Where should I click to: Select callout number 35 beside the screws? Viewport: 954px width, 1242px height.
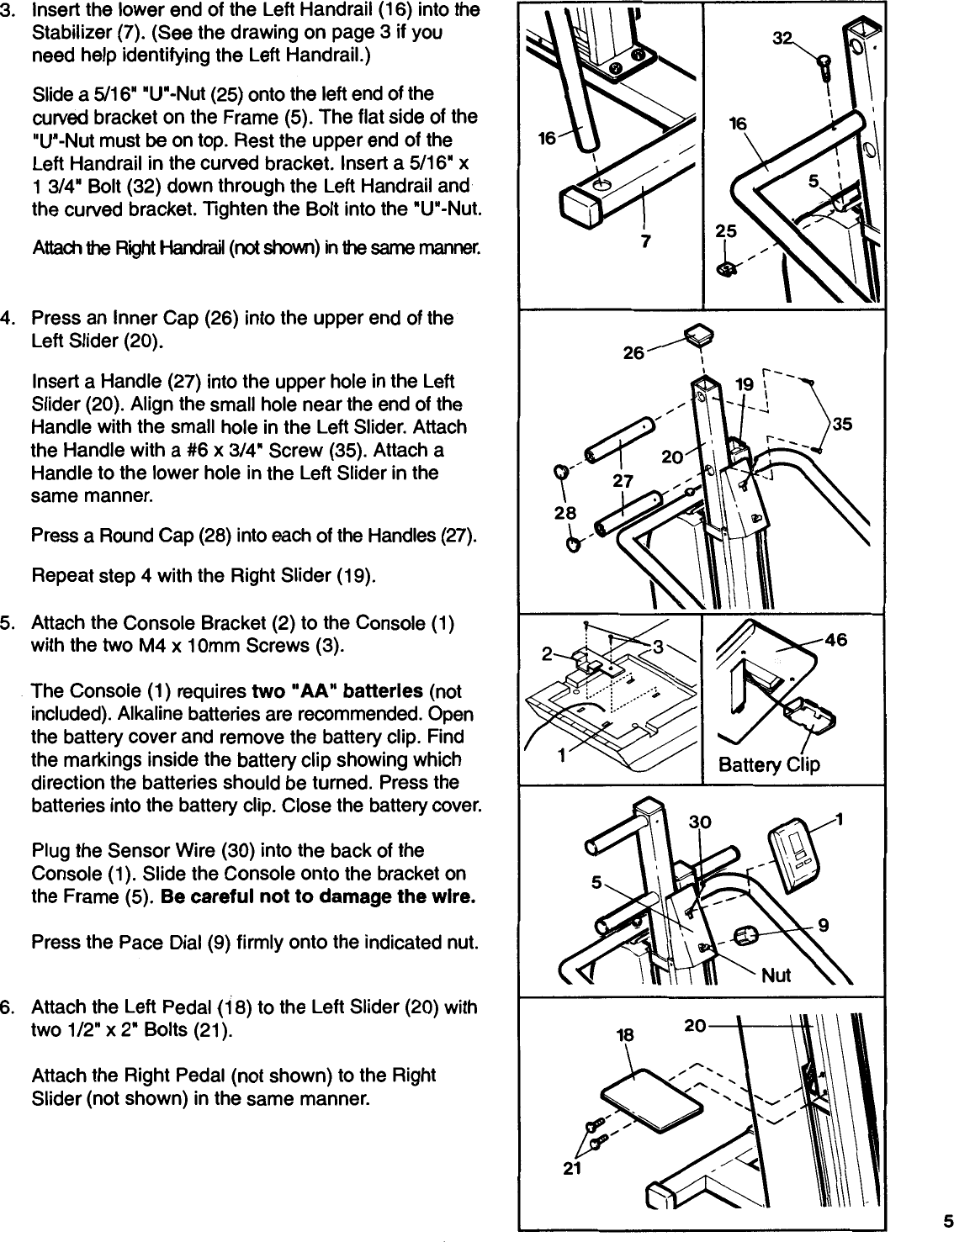tap(842, 425)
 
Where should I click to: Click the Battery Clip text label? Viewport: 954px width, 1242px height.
tap(768, 764)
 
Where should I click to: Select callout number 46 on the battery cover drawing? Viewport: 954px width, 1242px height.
tap(837, 641)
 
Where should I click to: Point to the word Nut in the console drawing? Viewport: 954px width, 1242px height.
tap(776, 975)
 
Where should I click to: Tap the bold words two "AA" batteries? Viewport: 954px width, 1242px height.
tap(337, 691)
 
